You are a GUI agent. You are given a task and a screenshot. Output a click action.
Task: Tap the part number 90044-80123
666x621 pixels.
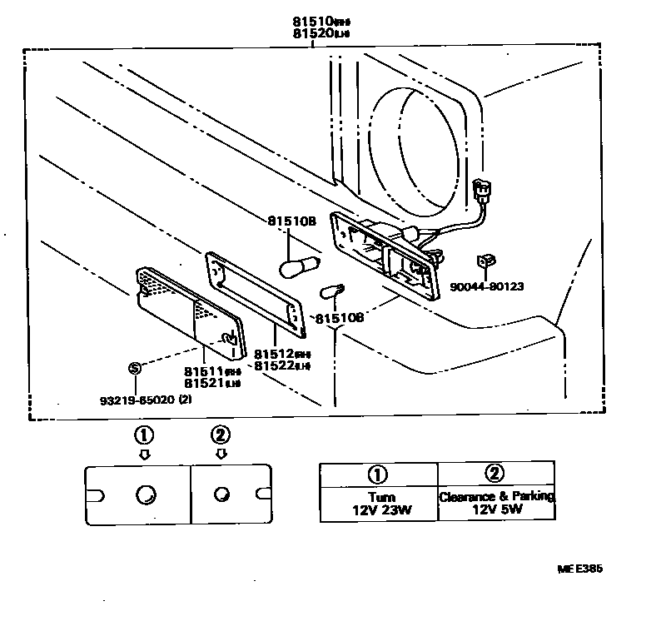click(488, 286)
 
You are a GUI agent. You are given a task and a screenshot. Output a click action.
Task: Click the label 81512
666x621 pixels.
click(272, 352)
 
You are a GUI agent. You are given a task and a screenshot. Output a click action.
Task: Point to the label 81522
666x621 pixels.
click(272, 365)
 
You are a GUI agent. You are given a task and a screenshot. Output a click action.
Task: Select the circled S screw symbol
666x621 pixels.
click(133, 368)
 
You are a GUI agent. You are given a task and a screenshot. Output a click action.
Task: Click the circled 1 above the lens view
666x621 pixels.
click(144, 434)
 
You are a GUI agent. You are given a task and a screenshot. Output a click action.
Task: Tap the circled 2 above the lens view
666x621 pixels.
click(220, 434)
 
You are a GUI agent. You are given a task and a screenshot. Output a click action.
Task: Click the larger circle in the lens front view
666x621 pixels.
click(145, 494)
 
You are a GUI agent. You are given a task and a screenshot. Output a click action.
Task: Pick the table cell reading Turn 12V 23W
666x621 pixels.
click(379, 502)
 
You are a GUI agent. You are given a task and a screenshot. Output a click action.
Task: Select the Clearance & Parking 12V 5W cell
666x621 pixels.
click(496, 502)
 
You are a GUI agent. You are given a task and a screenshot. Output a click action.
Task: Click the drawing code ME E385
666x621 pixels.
click(579, 569)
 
